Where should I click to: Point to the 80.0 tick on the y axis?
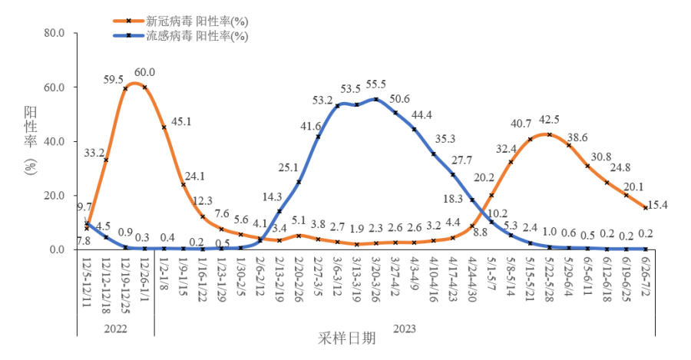click(x=58, y=33)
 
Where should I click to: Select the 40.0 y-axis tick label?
click(x=58, y=141)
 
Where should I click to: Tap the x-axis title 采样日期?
click(x=347, y=338)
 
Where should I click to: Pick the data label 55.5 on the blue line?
click(x=376, y=84)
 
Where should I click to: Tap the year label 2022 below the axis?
click(x=115, y=328)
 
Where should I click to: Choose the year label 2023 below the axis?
click(x=405, y=328)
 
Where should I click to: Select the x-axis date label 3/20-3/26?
click(x=376, y=278)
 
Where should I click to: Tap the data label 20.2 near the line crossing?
click(x=484, y=178)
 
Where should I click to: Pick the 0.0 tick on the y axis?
click(x=61, y=249)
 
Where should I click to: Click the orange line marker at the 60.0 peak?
click(x=144, y=87)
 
